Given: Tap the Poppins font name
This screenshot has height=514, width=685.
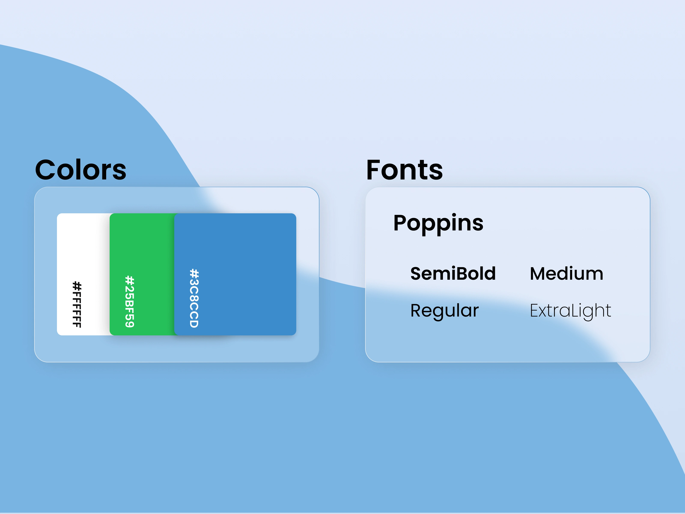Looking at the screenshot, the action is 438,224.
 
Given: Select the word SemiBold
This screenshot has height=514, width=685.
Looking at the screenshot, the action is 453,273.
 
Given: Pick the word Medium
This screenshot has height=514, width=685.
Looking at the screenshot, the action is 567,273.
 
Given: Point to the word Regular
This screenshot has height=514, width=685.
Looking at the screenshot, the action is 444,311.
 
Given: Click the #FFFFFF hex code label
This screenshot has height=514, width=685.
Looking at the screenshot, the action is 77,305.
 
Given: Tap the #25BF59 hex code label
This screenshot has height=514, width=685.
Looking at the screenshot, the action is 130,302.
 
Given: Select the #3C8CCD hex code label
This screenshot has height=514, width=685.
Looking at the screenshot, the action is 194,298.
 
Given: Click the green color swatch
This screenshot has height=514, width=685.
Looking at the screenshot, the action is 142,274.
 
